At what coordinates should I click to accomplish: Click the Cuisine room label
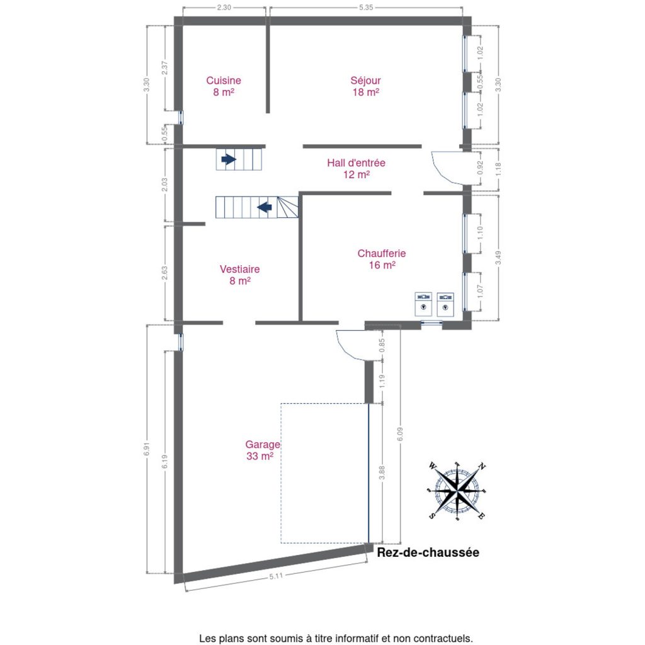(x=224, y=86)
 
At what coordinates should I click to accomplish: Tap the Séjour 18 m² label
(x=365, y=86)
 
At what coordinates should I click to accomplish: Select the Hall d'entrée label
(x=357, y=168)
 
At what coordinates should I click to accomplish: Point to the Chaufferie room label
(x=382, y=259)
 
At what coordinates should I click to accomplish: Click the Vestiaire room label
(x=240, y=275)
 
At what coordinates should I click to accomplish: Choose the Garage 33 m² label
(x=263, y=450)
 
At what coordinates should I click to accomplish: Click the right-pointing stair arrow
(x=229, y=159)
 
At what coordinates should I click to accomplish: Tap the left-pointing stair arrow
(x=265, y=207)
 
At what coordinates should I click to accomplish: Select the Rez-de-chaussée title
(x=428, y=552)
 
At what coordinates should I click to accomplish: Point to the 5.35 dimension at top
(x=366, y=8)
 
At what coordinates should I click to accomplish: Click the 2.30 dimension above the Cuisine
(x=224, y=8)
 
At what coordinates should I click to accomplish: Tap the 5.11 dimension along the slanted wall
(x=276, y=576)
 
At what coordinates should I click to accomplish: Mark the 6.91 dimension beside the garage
(x=147, y=448)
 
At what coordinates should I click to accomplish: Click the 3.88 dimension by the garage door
(x=382, y=472)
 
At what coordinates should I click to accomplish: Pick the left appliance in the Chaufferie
(x=423, y=304)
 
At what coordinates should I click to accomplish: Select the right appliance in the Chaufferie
(x=445, y=304)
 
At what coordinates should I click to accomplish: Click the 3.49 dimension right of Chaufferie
(x=499, y=258)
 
